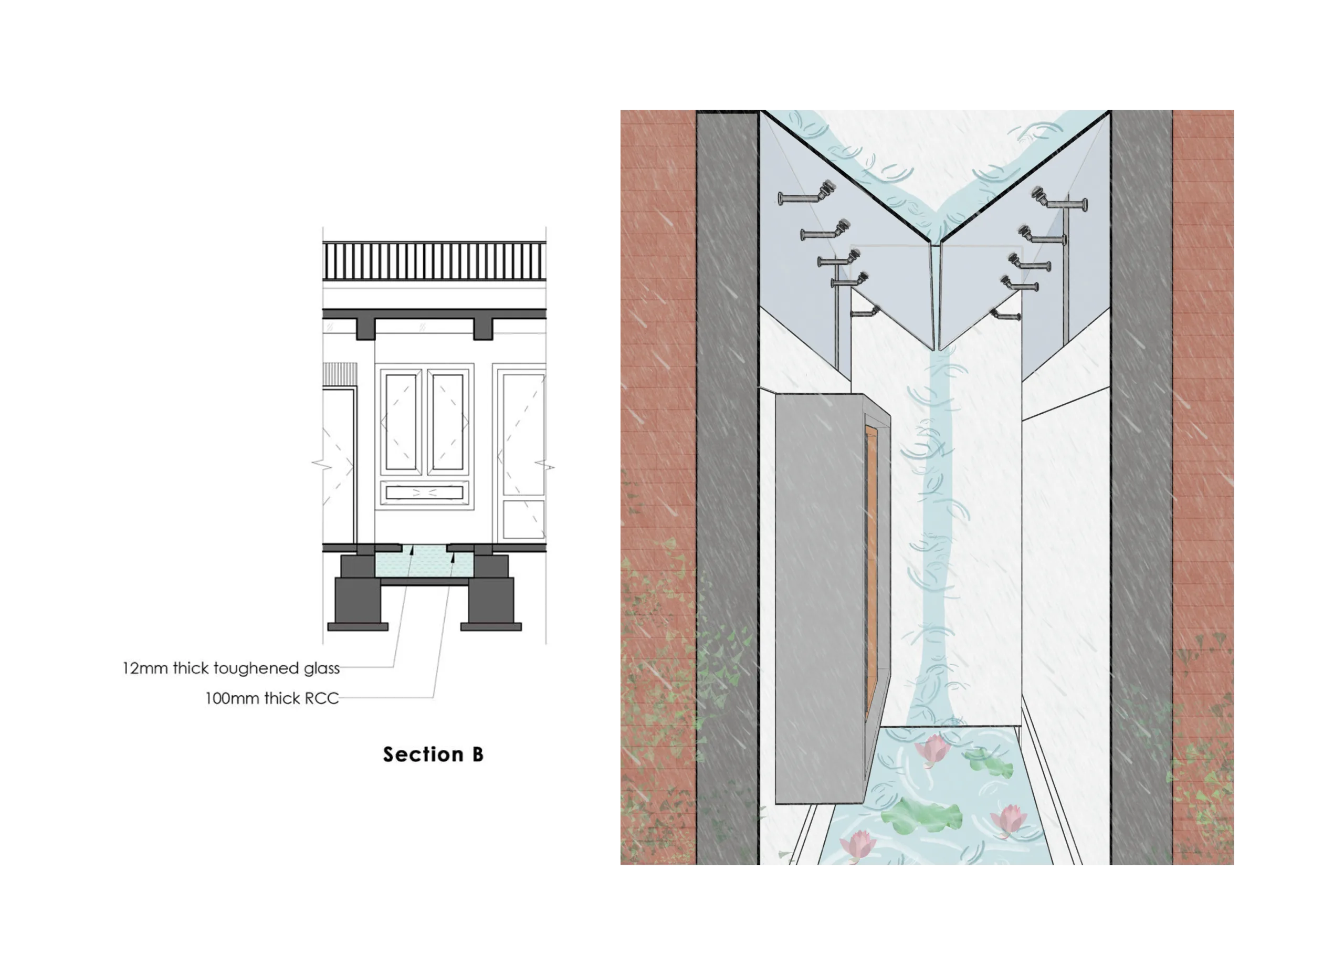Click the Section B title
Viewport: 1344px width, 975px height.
pyautogui.click(x=433, y=754)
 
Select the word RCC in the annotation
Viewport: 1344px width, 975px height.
pyautogui.click(x=322, y=699)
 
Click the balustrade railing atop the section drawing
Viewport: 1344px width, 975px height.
pyautogui.click(x=434, y=261)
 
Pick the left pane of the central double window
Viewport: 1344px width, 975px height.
pyautogui.click(x=401, y=422)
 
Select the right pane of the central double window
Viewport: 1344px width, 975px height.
pyautogui.click(x=448, y=422)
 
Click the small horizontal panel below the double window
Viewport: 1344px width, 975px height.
pyautogui.click(x=424, y=492)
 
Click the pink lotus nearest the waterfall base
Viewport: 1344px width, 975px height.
pyautogui.click(x=932, y=749)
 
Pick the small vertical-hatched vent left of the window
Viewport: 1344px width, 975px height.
pyautogui.click(x=340, y=373)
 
